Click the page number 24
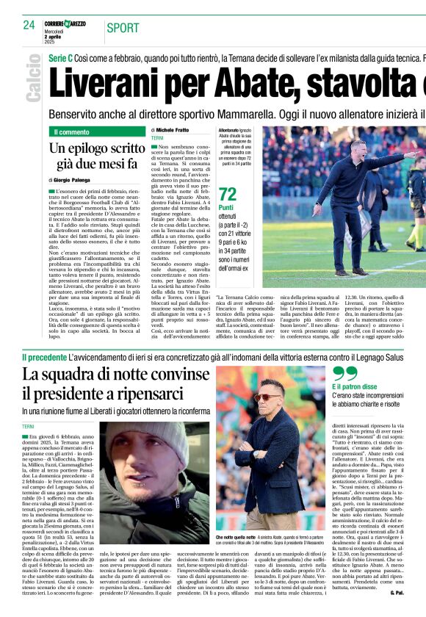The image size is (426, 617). click(x=29, y=25)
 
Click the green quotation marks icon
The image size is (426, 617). click(x=344, y=374)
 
